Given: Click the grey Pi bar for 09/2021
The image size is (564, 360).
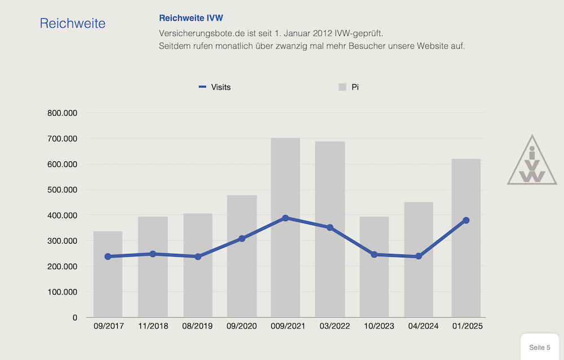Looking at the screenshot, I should pos(285,271).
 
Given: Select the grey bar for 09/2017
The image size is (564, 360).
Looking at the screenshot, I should pos(108,282).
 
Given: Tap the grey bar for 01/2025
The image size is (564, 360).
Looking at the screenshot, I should pos(466,271).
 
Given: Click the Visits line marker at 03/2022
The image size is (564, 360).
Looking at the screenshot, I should pos(330,227).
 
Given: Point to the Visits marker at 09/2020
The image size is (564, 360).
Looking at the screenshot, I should pos(242,239).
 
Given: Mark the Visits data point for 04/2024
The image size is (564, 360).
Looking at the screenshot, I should pos(418,256).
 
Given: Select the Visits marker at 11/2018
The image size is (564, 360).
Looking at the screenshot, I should pos(153,254).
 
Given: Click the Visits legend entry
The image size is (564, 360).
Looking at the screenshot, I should pos(214,87).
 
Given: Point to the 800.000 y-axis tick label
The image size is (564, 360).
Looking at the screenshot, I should pos(63,113).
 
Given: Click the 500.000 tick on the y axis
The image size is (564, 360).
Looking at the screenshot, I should pos(63,190).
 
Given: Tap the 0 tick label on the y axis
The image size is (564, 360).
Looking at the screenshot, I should pos(74,318).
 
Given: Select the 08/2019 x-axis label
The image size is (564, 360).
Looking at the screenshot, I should pos(197,326).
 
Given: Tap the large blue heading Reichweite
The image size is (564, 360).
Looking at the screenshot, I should pos(72,23).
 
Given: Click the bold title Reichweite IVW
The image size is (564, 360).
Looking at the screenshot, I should pos(195,18).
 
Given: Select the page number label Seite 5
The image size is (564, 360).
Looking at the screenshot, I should pos(540,347).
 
